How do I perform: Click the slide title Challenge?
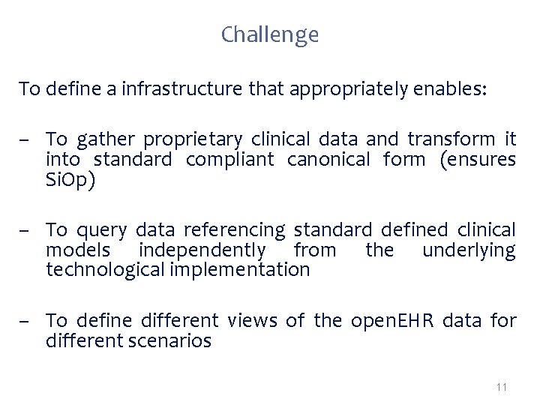(270, 34)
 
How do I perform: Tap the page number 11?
(502, 387)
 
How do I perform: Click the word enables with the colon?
(449, 90)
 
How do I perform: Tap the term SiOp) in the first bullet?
(70, 180)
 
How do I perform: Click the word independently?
(202, 250)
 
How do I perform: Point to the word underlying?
(469, 250)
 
